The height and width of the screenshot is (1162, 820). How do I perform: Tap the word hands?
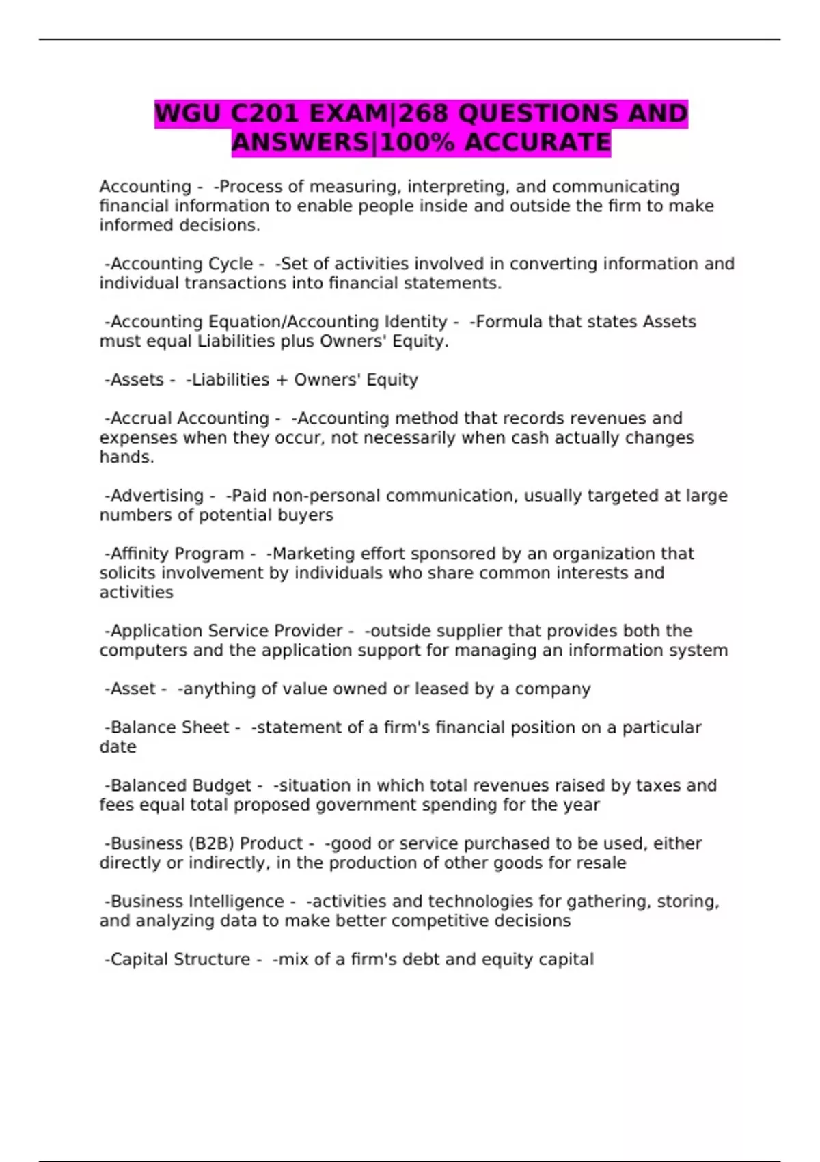pyautogui.click(x=126, y=457)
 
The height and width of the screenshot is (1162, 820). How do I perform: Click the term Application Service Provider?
pyautogui.click(x=226, y=631)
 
